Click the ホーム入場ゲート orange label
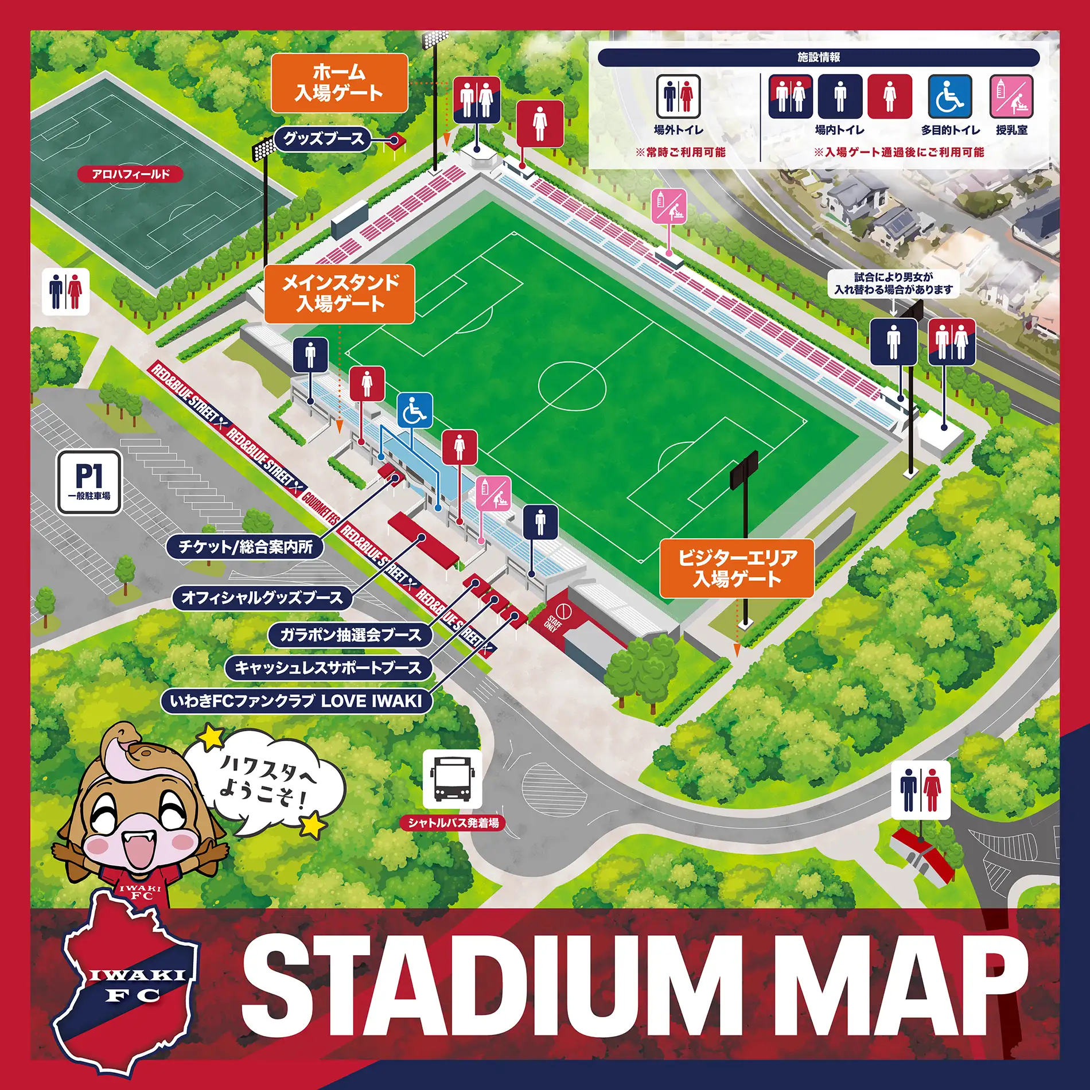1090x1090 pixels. [339, 83]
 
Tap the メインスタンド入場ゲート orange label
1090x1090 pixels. [340, 294]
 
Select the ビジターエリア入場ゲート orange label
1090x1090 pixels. [737, 568]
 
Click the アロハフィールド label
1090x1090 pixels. [131, 174]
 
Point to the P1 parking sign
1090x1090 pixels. [89, 482]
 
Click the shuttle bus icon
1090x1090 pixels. [452, 779]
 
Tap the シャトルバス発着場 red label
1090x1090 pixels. [453, 823]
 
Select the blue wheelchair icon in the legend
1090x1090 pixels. [949, 96]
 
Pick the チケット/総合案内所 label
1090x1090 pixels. [245, 546]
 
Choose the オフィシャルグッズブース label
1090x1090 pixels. [262, 598]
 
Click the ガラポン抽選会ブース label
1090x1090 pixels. [350, 634]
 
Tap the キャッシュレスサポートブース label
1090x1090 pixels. [328, 668]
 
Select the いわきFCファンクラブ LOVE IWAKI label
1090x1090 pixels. [296, 701]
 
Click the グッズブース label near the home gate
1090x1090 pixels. [323, 139]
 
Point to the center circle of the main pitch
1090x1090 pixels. [572, 386]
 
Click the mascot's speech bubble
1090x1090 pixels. [267, 780]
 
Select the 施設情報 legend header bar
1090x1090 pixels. [819, 57]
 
